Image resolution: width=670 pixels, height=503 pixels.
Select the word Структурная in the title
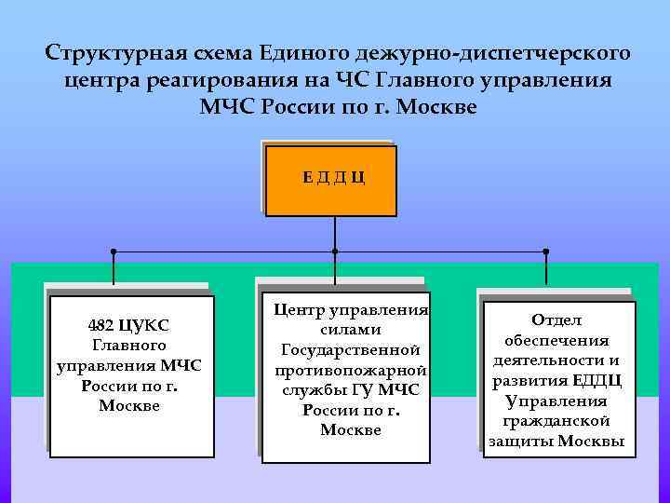pos(100,50)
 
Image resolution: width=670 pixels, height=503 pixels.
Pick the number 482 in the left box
pos(101,326)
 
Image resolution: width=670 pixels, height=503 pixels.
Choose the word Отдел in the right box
pos(556,320)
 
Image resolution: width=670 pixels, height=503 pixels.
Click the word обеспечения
pos(556,341)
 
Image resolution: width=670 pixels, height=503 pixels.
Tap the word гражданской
pos(556,421)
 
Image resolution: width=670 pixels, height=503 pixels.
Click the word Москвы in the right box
pos(590,441)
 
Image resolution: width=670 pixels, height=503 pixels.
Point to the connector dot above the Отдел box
pos(546,251)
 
